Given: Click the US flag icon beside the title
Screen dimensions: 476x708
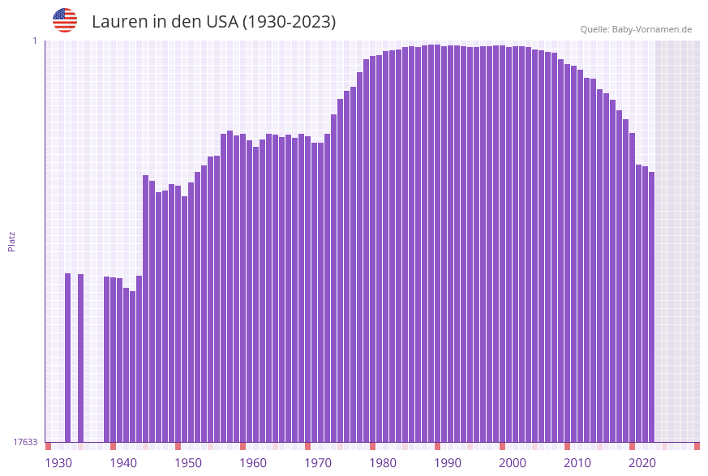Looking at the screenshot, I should pos(65,20).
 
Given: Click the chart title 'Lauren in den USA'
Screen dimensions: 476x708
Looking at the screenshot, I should pos(213,22).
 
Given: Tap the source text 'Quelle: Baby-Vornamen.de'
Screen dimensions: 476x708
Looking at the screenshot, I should pos(636,29).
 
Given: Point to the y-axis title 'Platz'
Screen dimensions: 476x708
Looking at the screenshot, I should pos(12,241).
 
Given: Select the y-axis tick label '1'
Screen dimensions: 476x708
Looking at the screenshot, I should pos(35,41).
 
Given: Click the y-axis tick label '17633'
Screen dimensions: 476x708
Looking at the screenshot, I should pos(25,442).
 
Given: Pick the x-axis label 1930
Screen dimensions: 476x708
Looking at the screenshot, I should pos(58,463).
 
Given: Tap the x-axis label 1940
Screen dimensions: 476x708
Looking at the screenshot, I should pos(123,463).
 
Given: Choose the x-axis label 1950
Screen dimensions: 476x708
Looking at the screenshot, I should pos(188,463).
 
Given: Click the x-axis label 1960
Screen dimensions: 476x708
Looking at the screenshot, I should pos(253,463).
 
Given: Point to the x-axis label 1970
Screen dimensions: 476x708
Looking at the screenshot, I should pos(318,463).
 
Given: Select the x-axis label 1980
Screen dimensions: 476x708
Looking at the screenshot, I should pos(383,463).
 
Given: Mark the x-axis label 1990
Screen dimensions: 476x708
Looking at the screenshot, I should pos(448,463).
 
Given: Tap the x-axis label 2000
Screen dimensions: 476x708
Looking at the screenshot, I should pos(513,463).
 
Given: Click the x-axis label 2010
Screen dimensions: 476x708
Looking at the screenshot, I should pos(577,463).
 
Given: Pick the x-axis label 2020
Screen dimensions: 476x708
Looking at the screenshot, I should pos(642,463).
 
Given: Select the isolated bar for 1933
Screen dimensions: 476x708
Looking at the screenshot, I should pos(68,357).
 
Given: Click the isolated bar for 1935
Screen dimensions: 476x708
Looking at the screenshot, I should pos(81,358).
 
